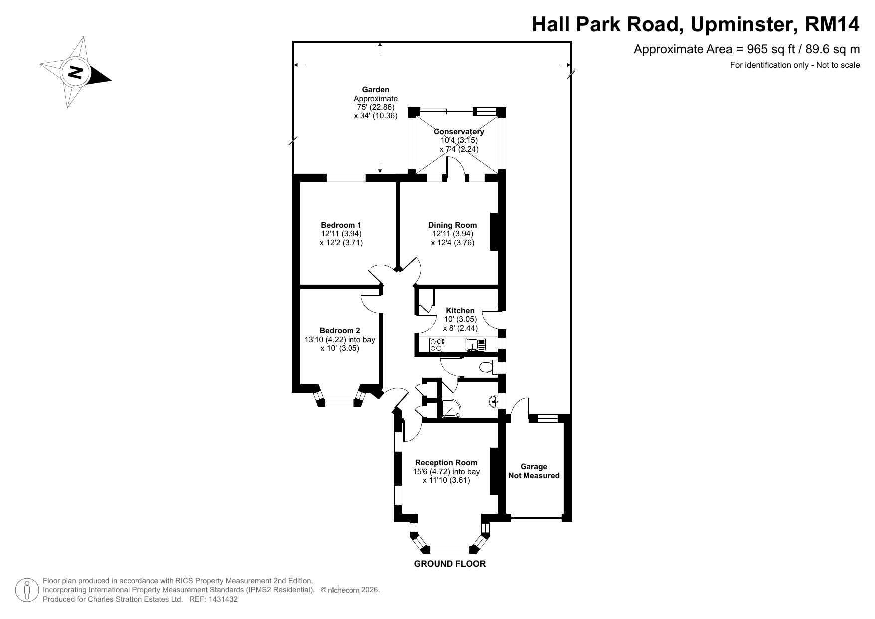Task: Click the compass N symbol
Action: click(x=75, y=72)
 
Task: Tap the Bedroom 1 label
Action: click(x=341, y=225)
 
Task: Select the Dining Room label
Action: click(x=452, y=225)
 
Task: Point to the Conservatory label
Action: click(x=459, y=132)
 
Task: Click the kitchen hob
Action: click(x=437, y=344)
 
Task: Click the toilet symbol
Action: click(x=487, y=368)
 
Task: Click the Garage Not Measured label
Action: click(x=534, y=471)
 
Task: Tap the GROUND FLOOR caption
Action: click(x=450, y=564)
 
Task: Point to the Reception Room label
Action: click(x=446, y=462)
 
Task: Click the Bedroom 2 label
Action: click(x=340, y=330)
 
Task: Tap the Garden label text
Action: click(x=376, y=90)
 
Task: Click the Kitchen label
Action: click(x=460, y=310)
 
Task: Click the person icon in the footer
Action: click(x=28, y=590)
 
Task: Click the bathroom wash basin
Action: click(x=494, y=401)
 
